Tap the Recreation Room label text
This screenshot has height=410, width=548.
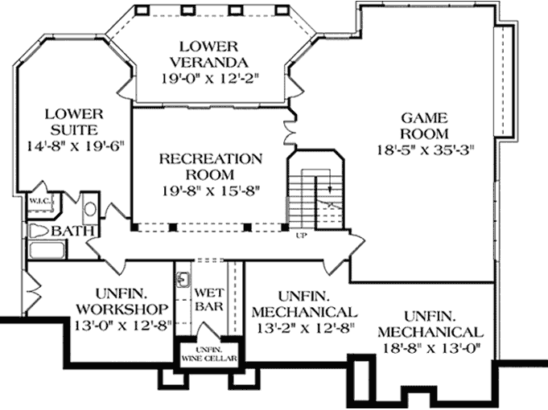tap(210, 166)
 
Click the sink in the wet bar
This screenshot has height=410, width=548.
tap(183, 280)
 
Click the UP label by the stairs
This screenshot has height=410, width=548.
tap(303, 236)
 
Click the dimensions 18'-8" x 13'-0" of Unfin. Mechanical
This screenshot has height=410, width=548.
tap(431, 348)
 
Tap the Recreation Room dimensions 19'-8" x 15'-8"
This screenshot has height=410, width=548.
tap(210, 191)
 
